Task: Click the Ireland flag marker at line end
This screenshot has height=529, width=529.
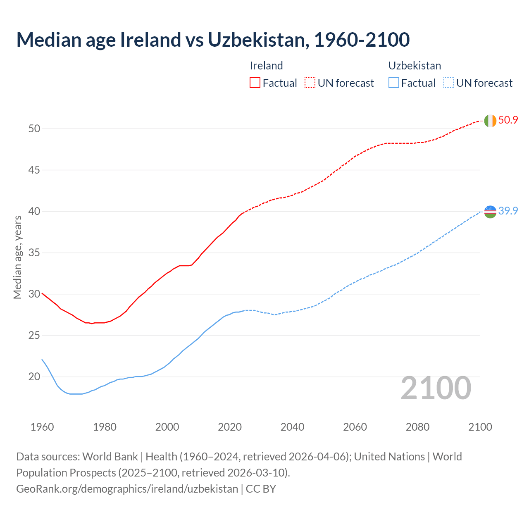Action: (490, 121)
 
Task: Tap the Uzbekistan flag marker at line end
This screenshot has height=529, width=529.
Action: (490, 211)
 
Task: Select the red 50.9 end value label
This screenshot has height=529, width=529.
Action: (508, 120)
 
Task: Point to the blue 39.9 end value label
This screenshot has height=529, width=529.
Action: (508, 211)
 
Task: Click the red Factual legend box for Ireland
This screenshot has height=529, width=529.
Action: (255, 83)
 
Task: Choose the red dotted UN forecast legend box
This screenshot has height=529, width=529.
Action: (310, 83)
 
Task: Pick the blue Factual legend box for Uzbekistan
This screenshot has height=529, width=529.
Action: (394, 83)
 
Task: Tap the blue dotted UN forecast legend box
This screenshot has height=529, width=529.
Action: (449, 83)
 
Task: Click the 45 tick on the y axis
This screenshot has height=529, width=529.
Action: (34, 170)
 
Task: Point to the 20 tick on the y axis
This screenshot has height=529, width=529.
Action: (34, 376)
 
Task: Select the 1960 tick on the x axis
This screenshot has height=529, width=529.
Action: (42, 427)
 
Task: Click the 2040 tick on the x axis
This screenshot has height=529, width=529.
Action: (292, 427)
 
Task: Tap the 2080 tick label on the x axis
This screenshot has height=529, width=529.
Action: (417, 427)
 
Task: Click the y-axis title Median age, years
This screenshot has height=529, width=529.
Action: (18, 257)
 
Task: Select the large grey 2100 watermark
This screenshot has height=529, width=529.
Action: (436, 388)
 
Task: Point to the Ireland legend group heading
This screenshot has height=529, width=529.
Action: (267, 66)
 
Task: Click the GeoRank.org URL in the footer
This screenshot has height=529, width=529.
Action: (127, 488)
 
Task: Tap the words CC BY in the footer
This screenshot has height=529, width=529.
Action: (261, 488)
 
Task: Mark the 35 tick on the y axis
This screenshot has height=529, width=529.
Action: (34, 253)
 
